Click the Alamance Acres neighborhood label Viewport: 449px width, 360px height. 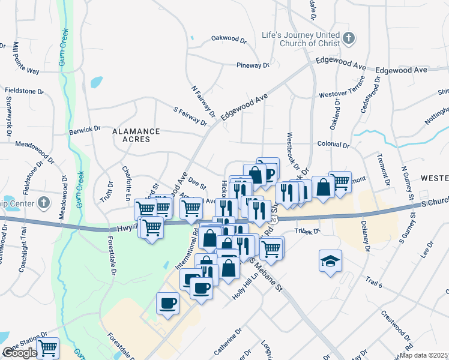click(x=136, y=136)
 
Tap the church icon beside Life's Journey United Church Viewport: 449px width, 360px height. click(x=348, y=40)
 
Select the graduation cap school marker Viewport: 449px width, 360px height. click(x=330, y=261)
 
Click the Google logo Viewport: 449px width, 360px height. click(x=19, y=353)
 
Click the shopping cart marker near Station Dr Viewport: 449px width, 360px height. click(x=47, y=347)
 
